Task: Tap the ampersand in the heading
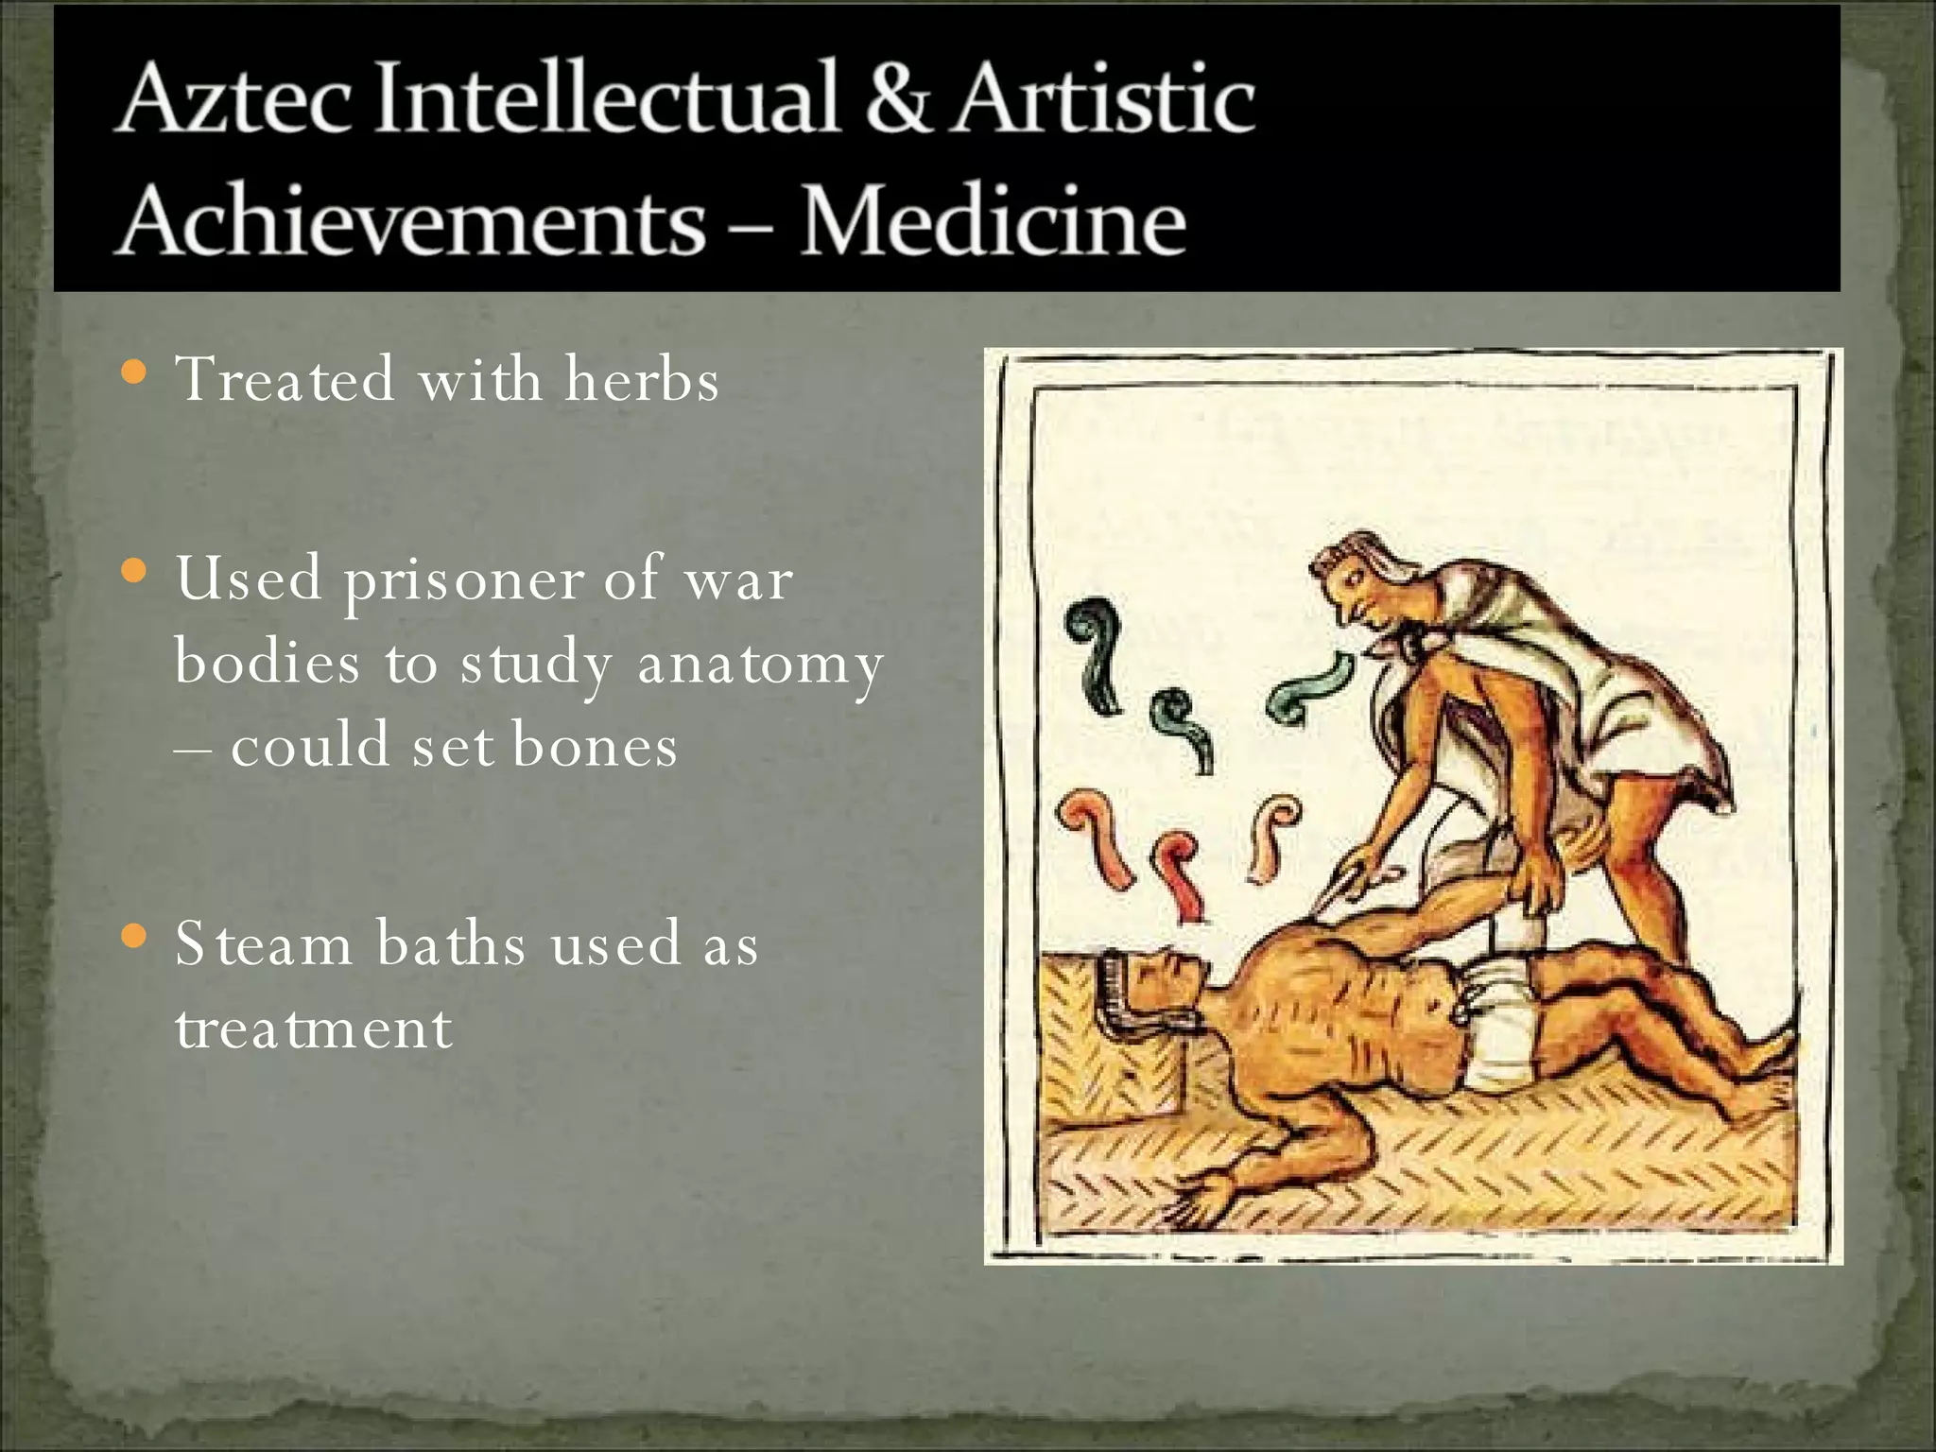[x=899, y=98]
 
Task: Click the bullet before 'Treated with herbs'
[x=135, y=372]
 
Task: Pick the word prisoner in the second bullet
[x=463, y=579]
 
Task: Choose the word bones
[x=595, y=746]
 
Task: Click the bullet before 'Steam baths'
[x=135, y=937]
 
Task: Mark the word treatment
[x=313, y=1028]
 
